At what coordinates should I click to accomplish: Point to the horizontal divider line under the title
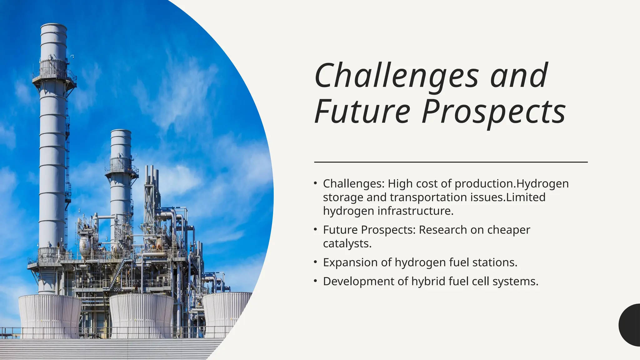tap(451, 162)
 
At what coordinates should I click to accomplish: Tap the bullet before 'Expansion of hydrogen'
tap(316, 262)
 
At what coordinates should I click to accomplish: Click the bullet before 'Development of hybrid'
tap(316, 281)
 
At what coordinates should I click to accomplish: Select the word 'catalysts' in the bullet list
tap(347, 243)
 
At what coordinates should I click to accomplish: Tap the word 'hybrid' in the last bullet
tap(428, 281)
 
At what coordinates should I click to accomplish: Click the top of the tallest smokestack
tap(53, 27)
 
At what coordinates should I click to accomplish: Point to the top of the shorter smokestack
tap(121, 132)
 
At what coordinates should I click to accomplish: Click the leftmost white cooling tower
tap(50, 316)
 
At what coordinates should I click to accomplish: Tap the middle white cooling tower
tap(141, 316)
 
